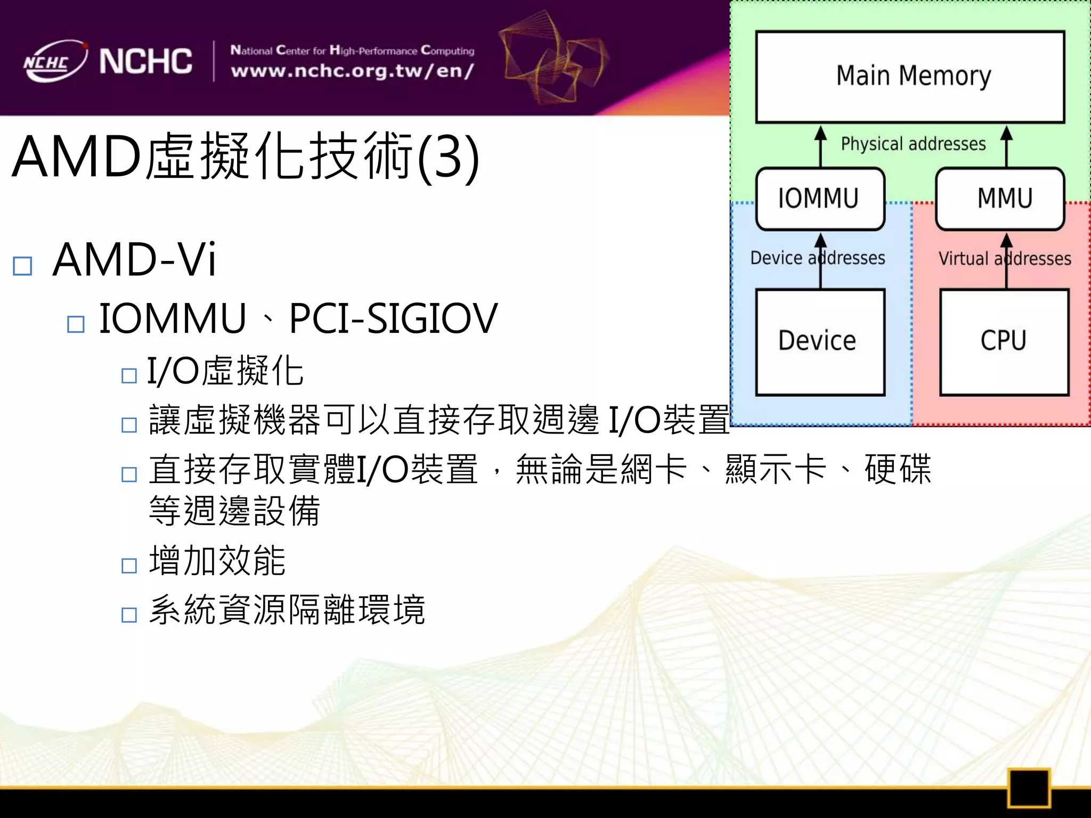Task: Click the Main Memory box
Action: pos(910,77)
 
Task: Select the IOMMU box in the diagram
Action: pos(820,199)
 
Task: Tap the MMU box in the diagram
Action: pos(1000,199)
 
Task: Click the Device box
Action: pos(820,342)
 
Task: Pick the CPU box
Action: pos(1004,342)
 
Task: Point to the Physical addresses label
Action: pos(913,144)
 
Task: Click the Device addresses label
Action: pos(817,258)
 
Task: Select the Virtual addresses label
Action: pos(1004,259)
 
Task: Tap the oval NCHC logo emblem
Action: pos(53,62)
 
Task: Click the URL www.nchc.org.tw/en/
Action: pos(352,71)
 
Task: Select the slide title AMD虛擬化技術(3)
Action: pos(246,157)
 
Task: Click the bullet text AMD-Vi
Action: pos(134,260)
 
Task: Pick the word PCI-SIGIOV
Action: pos(393,319)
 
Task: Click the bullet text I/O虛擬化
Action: pos(225,371)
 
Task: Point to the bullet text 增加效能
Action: pos(217,561)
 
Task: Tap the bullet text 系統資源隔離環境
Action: pos(287,610)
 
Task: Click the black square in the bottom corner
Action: pos(1028,788)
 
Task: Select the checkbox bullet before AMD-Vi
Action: pos(22,266)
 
